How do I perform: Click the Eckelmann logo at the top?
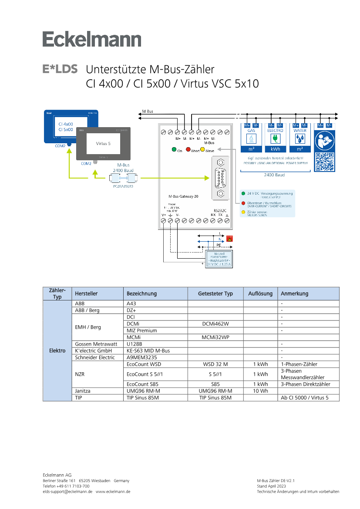(92, 40)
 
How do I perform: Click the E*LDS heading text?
(60, 69)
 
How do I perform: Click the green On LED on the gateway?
(174, 150)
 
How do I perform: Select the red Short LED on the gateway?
(188, 150)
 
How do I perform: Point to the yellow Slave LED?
(202, 150)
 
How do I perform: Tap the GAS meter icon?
(252, 138)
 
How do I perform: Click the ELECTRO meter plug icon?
(275, 138)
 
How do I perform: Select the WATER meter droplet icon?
(299, 138)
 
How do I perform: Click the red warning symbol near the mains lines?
(229, 239)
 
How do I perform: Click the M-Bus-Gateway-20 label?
(183, 197)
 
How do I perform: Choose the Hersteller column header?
(86, 293)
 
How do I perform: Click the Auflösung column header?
(260, 293)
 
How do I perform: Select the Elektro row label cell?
(57, 350)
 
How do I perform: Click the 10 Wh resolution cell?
(260, 391)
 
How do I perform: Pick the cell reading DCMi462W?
(215, 324)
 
